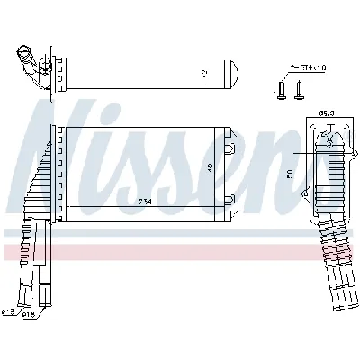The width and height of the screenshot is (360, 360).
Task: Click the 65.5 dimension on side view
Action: pos(327,113)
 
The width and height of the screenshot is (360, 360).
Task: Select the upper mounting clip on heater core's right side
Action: pos(229,148)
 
